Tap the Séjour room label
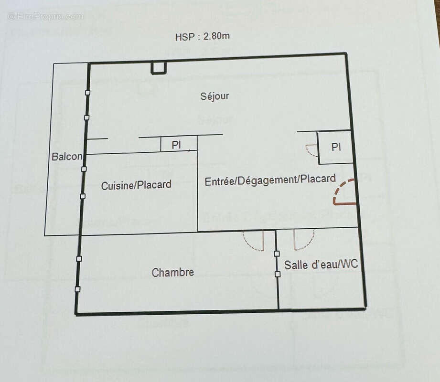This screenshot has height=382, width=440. pyautogui.click(x=215, y=96)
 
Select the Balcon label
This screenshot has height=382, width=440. pyautogui.click(x=66, y=157)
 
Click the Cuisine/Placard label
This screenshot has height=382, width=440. pyautogui.click(x=136, y=185)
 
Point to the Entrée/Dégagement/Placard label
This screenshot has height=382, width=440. pyautogui.click(x=270, y=180)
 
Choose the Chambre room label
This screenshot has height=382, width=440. pyautogui.click(x=172, y=273)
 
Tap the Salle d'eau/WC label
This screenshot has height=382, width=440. pyautogui.click(x=321, y=265)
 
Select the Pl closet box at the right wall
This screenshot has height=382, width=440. pyautogui.click(x=336, y=147)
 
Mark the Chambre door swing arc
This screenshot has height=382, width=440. pyautogui.click(x=253, y=242)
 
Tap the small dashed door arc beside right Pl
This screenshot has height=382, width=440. pyautogui.click(x=311, y=150)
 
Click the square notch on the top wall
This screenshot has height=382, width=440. pyautogui.click(x=159, y=69)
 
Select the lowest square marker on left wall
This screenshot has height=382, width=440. pyautogui.click(x=77, y=289)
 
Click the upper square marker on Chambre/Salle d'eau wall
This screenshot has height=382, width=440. pyautogui.click(x=277, y=254)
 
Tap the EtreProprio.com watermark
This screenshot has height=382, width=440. pyautogui.click(x=45, y=16)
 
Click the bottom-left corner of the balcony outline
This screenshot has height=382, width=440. pyautogui.click(x=45, y=235)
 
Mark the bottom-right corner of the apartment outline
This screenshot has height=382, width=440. pyautogui.click(x=365, y=308)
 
